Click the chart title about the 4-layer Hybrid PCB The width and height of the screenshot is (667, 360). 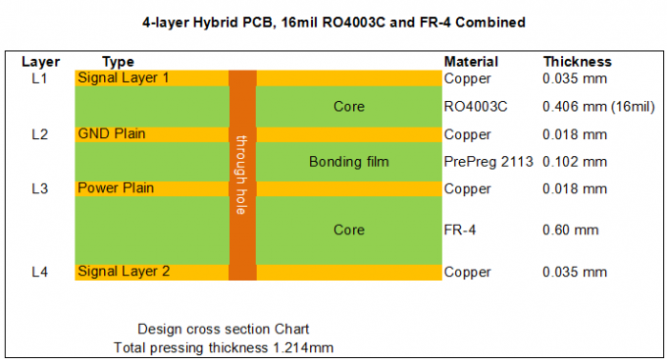coord(333,22)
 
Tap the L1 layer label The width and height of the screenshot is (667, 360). coord(40,77)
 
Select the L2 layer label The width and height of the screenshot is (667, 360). coord(40,134)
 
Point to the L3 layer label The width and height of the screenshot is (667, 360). coord(40,188)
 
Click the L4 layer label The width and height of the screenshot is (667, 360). coord(40,271)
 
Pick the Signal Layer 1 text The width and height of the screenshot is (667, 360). coord(124,77)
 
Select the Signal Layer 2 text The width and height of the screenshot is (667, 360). coord(124,271)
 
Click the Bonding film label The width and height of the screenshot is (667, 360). coord(348,161)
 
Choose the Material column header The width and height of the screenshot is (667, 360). coord(471,62)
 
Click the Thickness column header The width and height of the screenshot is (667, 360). coord(577,62)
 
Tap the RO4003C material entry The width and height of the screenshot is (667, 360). coord(478,106)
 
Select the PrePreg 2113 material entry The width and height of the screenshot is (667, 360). coord(488,161)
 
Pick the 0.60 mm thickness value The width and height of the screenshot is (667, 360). coord(570,230)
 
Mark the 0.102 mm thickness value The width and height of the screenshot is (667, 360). coord(575,161)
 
